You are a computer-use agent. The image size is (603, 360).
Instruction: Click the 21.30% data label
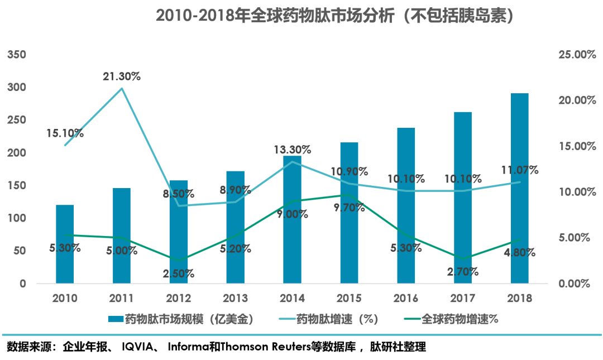121,76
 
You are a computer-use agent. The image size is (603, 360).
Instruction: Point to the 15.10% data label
65,133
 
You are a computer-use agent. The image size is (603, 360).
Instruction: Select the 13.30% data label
293,150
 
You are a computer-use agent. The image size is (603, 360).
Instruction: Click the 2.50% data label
179,273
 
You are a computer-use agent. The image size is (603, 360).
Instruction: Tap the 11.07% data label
519,170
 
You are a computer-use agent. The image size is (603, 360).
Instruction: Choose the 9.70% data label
350,207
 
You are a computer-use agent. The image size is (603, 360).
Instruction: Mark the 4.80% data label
519,252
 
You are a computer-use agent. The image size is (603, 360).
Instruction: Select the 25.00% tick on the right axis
573,55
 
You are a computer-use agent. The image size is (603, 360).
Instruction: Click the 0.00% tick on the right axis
574,284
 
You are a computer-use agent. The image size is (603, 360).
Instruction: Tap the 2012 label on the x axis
178,298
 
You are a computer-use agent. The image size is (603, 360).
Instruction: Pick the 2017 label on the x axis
463,298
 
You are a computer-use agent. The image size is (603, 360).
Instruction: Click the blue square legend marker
116,319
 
